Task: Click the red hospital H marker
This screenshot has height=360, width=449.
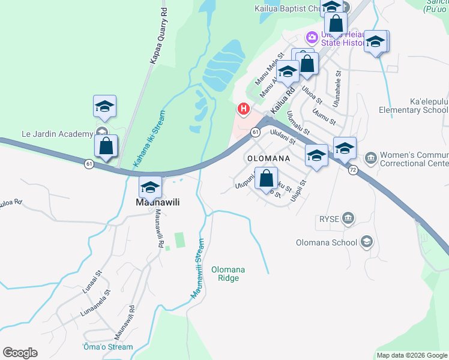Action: pos(244,109)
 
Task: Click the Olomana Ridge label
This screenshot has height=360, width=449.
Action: pos(228,274)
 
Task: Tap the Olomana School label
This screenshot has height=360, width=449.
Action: pos(326,243)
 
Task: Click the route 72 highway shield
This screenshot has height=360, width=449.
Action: pos(352,170)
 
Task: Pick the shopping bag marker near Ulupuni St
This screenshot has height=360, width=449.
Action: pos(266,178)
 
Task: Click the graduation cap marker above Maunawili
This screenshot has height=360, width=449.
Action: pos(150,187)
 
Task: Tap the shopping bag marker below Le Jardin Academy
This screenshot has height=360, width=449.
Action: pos(106,146)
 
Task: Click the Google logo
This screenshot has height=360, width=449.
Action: pos(20,353)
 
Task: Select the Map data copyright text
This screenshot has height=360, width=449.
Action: pos(412,355)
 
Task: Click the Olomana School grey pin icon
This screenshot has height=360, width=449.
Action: pos(366,242)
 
